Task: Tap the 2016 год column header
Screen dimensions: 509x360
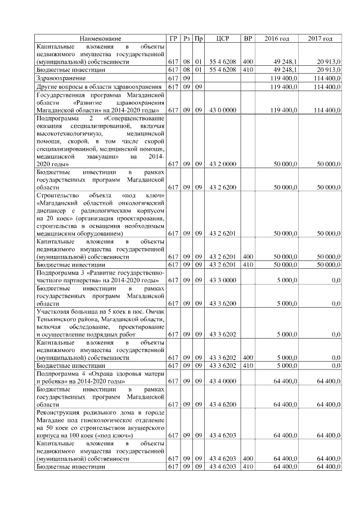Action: pos(277,38)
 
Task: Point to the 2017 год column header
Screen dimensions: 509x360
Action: pos(320,38)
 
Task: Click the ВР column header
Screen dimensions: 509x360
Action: pos(247,38)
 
